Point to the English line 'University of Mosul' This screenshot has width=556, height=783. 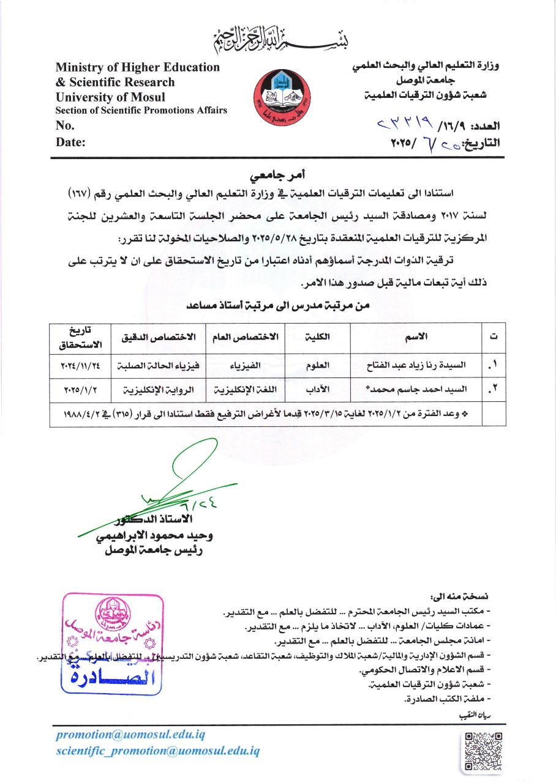[110, 97]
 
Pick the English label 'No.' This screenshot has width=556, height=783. [64, 125]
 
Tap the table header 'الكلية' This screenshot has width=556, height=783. [318, 336]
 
